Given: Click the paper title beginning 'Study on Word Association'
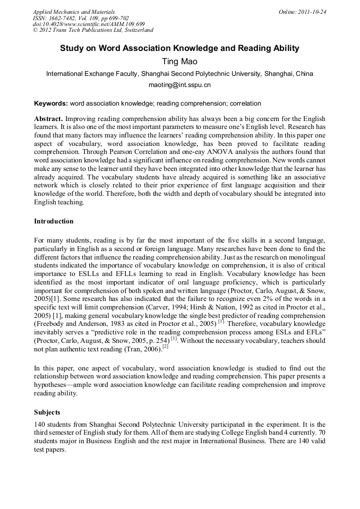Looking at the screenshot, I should pyautogui.click(x=179, y=48).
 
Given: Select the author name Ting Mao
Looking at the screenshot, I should pyautogui.click(x=179, y=62).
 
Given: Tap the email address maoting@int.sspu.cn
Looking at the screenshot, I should pyautogui.click(x=179, y=85).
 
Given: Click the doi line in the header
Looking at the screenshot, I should pyautogui.click(x=89, y=24).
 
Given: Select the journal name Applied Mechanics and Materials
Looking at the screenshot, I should pyautogui.click(x=73, y=12).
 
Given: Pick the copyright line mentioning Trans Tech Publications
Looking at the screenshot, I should pyautogui.click(x=93, y=30).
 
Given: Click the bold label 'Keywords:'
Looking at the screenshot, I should pyautogui.click(x=51, y=104).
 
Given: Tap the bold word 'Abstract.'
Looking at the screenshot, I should pyautogui.click(x=49, y=118).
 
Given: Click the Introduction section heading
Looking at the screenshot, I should pyautogui.click(x=54, y=221).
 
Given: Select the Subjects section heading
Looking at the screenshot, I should pyautogui.click(x=47, y=412).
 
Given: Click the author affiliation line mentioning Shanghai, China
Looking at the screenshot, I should pyautogui.click(x=179, y=74).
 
